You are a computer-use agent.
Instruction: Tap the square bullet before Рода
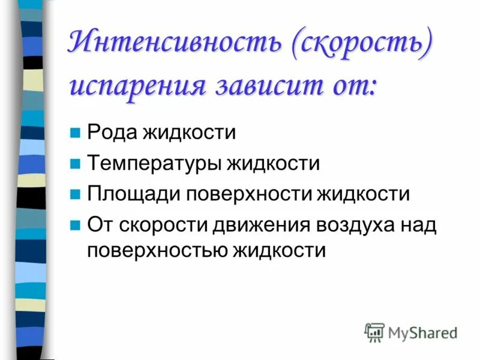click(x=75, y=133)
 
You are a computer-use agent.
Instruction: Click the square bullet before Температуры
click(x=75, y=163)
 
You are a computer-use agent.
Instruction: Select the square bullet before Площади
click(x=75, y=194)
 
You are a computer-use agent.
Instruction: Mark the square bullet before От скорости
click(x=75, y=226)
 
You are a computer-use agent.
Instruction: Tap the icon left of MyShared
click(x=374, y=332)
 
